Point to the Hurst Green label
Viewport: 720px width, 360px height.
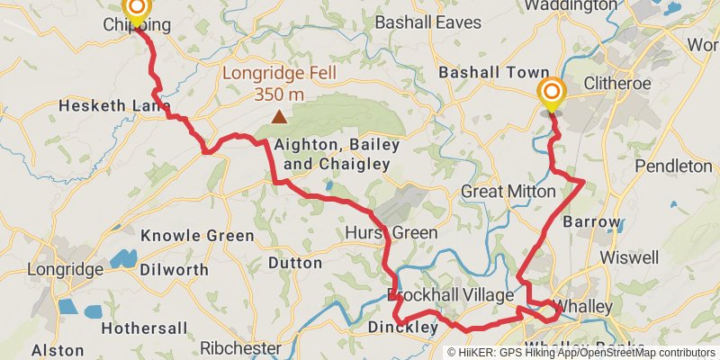click(391, 233)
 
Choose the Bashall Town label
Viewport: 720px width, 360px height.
click(492, 72)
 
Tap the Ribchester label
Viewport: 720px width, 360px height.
click(240, 347)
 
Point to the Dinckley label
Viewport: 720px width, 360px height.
click(402, 328)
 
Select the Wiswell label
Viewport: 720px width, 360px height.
click(629, 256)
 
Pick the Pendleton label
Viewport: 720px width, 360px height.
click(673, 166)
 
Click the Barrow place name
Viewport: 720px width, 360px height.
click(591, 221)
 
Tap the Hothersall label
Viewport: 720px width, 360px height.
click(144, 328)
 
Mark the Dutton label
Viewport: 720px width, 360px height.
click(295, 263)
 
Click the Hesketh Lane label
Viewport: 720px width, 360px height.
click(114, 106)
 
